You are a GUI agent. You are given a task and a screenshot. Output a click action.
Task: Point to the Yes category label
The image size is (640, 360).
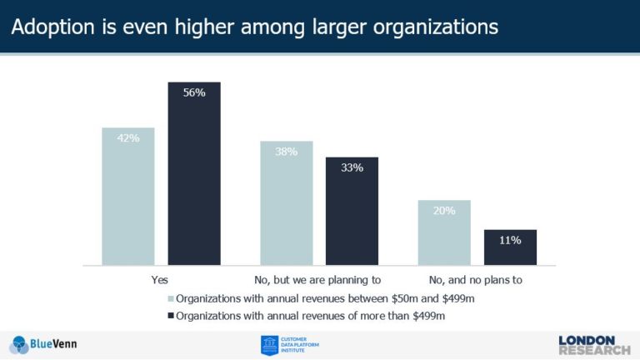(x=162, y=279)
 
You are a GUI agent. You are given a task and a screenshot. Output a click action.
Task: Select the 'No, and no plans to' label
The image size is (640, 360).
(x=477, y=279)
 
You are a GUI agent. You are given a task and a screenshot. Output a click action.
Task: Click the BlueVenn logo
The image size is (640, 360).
(x=45, y=344)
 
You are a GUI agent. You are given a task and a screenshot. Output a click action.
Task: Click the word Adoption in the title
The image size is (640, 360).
(x=49, y=27)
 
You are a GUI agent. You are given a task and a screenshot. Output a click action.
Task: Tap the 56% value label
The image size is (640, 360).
(x=194, y=92)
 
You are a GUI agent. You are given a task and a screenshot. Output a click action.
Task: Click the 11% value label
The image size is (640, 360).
(x=510, y=240)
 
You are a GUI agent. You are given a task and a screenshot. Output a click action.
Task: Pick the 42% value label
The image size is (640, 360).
(x=128, y=137)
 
